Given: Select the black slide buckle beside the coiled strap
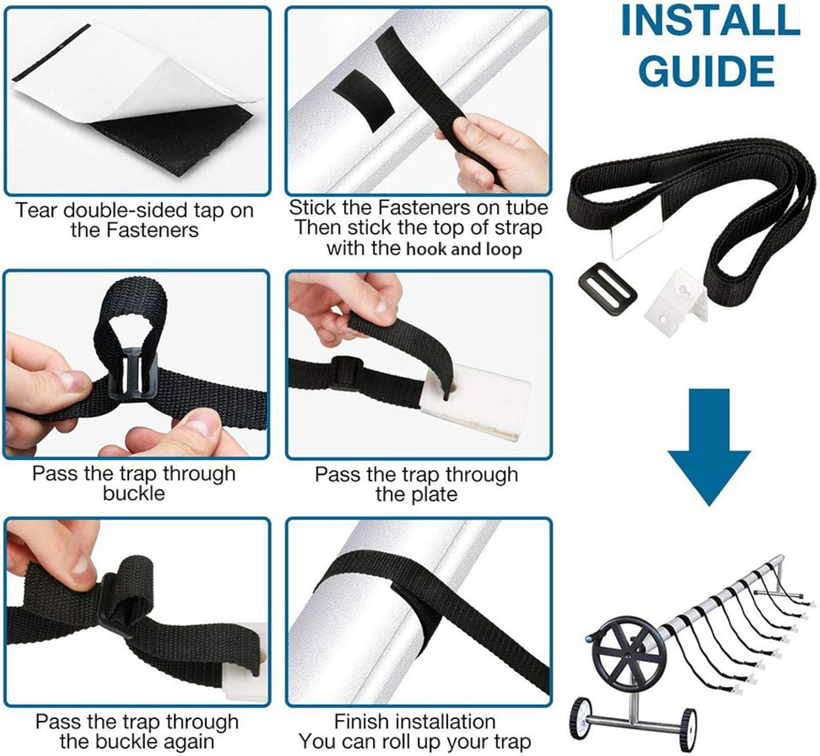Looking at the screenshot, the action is pyautogui.click(x=607, y=289).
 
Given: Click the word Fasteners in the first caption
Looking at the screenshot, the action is pyautogui.click(x=153, y=230).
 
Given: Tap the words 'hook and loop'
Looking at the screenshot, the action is pyautogui.click(x=464, y=249).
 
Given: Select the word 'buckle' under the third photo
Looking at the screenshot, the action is pyautogui.click(x=134, y=494).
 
